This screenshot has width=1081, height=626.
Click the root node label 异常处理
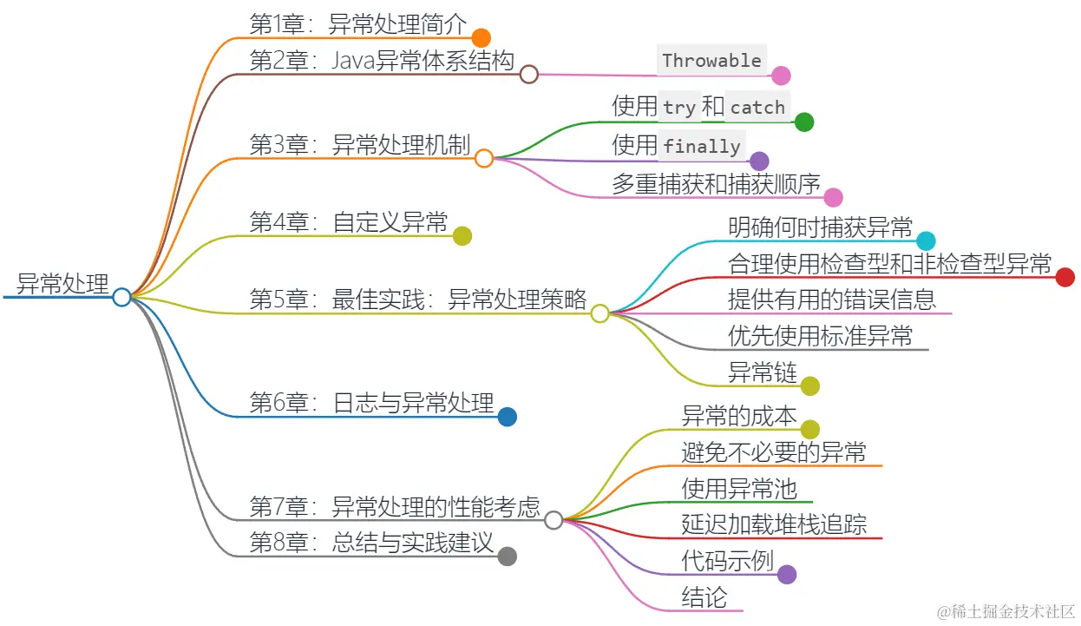pos(63,284)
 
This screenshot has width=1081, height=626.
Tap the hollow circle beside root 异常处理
pos(121,297)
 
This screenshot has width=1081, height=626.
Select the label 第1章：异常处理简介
pos(358,24)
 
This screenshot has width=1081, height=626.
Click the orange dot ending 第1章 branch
pos(482,37)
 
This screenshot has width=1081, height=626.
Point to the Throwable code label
pos(711,61)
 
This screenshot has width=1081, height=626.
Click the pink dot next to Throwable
pos(781,76)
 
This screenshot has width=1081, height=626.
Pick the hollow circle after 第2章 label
pos(529,75)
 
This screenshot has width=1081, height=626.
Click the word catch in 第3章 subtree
pos(757,108)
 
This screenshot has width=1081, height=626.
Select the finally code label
pos(702,146)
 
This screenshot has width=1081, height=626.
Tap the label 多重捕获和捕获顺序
pos(716,184)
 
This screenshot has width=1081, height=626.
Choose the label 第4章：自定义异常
pos(349,222)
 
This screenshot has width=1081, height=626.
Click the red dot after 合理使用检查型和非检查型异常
pos(1065,277)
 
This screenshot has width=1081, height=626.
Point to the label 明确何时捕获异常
pos(821,227)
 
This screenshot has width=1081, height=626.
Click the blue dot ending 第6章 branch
pos(508,417)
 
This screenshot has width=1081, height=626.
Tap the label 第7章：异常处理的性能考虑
pos(395,506)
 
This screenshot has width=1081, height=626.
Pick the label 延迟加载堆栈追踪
pos(774,524)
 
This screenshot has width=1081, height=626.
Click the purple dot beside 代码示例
pos(787,574)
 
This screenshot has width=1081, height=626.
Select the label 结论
pos(704,597)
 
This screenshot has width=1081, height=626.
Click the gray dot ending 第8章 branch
pos(508,557)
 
